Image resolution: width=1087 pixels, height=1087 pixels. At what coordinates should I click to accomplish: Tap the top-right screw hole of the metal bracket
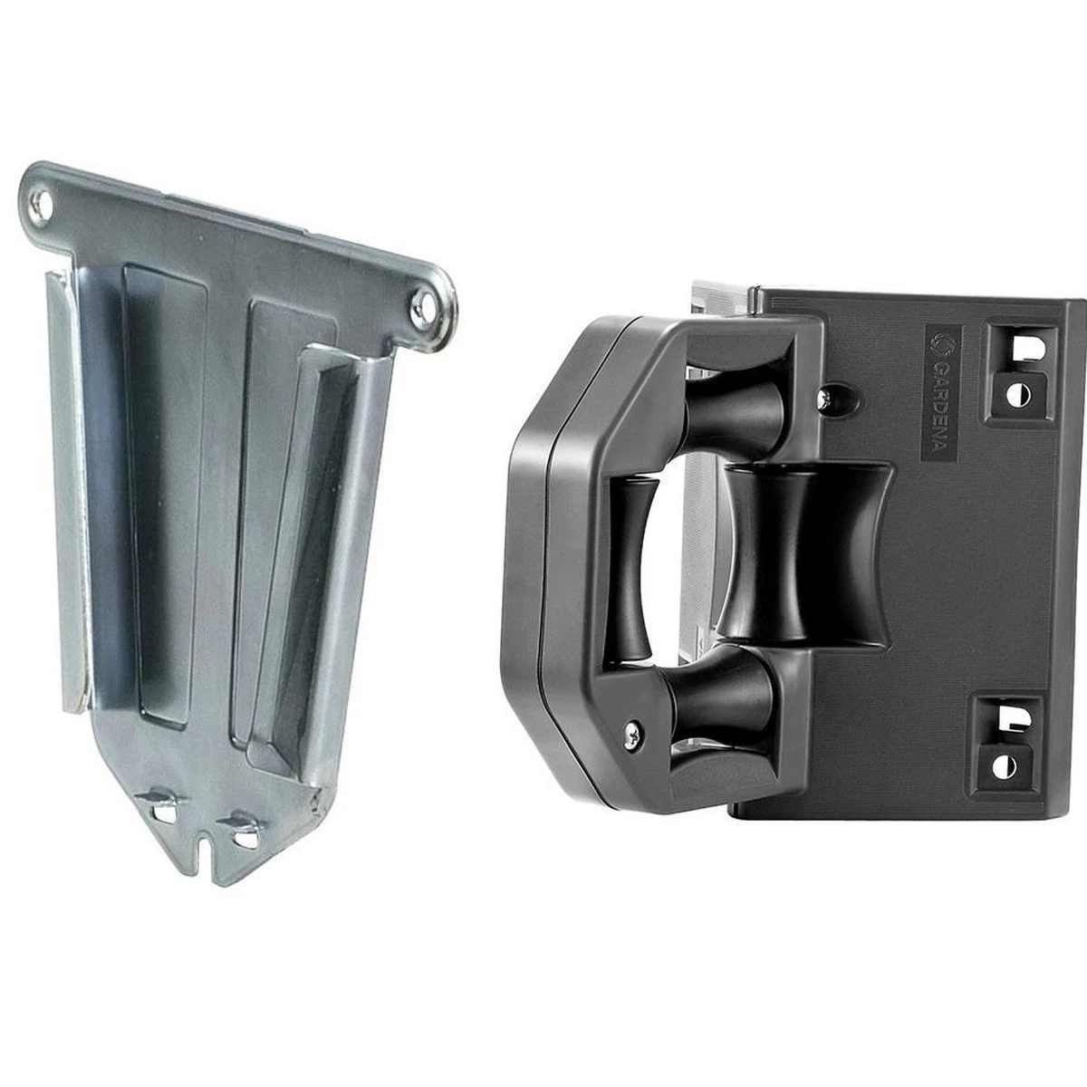point(423,302)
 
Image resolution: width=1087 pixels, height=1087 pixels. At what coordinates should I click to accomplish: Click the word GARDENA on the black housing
point(939,399)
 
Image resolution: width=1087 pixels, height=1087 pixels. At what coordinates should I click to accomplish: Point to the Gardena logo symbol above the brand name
point(939,343)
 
